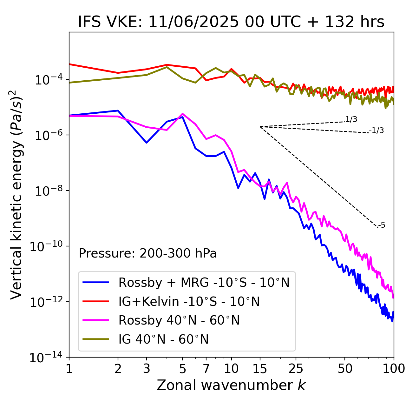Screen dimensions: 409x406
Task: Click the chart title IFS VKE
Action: [x=231, y=22]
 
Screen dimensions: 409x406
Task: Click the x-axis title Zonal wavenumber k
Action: [x=231, y=385]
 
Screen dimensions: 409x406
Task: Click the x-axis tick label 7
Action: [x=206, y=369]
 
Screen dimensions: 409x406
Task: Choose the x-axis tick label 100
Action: [x=394, y=369]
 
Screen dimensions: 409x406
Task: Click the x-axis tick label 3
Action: [x=147, y=369]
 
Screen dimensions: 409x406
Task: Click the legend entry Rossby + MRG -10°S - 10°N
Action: [x=204, y=282]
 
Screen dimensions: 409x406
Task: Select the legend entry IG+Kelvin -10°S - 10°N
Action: [x=189, y=301]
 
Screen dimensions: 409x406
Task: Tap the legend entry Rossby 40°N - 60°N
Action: [x=179, y=320]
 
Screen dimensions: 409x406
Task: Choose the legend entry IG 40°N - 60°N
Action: [x=163, y=339]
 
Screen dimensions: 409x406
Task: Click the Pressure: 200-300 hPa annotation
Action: [x=148, y=253]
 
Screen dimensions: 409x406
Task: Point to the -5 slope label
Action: [x=382, y=225]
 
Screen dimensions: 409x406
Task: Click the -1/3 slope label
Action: [x=377, y=131]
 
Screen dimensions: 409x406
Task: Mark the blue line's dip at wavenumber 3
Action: [x=147, y=143]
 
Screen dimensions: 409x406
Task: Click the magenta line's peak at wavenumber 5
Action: [x=182, y=114]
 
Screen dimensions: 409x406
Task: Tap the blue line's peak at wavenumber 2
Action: [x=118, y=111]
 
